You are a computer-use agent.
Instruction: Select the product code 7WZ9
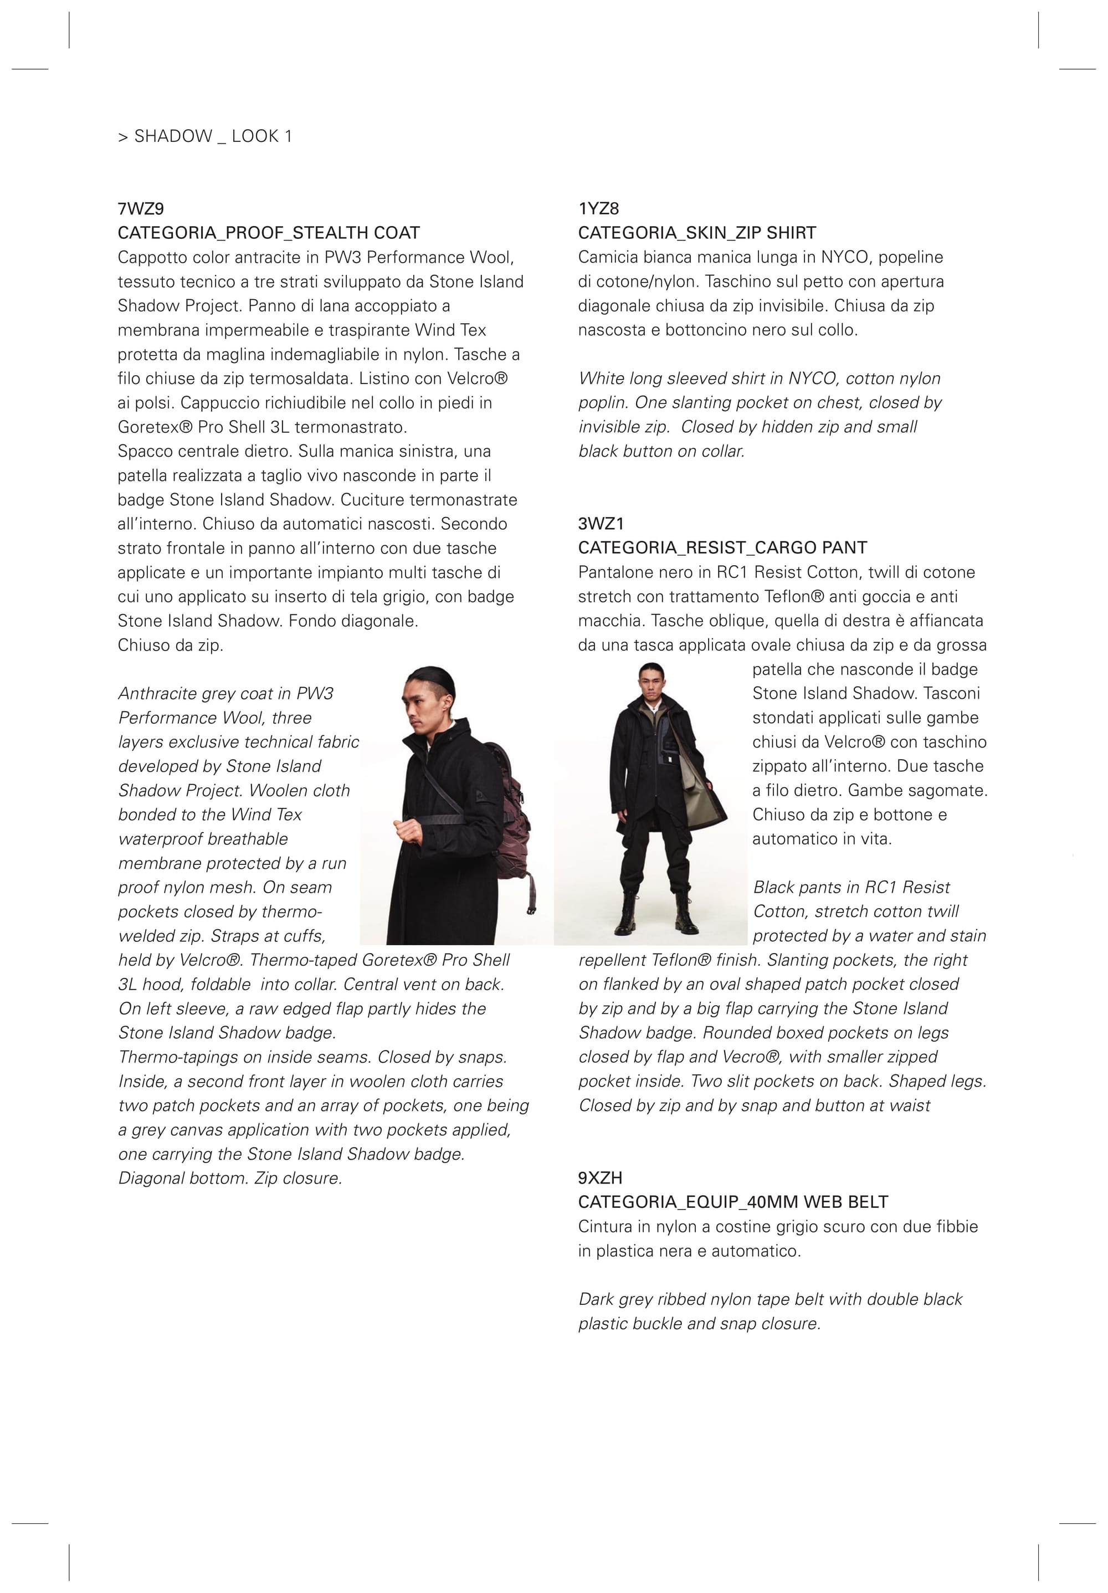point(141,209)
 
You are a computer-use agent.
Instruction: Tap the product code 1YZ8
point(598,209)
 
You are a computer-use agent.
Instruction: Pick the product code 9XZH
point(600,1178)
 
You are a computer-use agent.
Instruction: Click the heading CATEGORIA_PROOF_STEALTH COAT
point(269,233)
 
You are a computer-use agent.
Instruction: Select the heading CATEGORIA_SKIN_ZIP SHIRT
point(696,233)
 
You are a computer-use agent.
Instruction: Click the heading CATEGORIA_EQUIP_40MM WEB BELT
point(732,1202)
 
